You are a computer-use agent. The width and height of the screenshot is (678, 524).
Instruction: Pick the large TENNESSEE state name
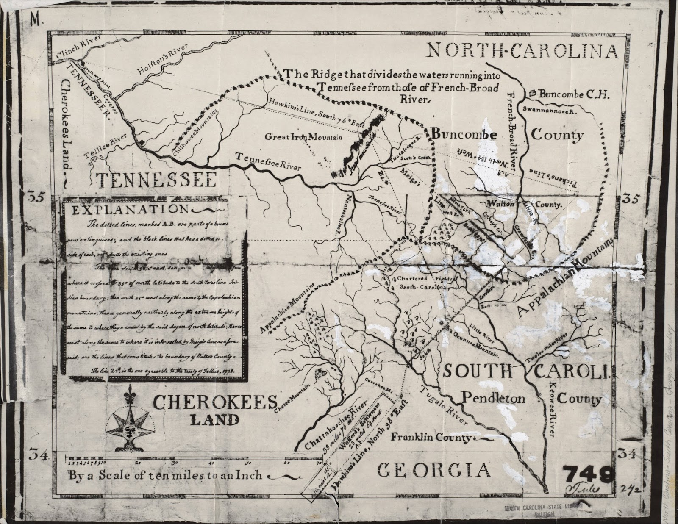(x=156, y=180)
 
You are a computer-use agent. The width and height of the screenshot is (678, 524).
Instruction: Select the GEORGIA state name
(x=433, y=470)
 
